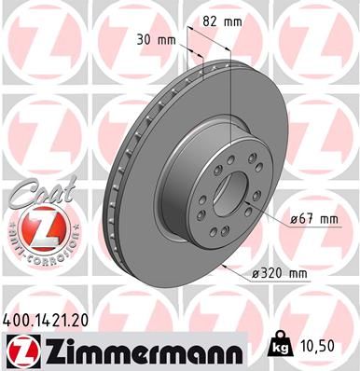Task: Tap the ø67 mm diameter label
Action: (312, 218)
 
